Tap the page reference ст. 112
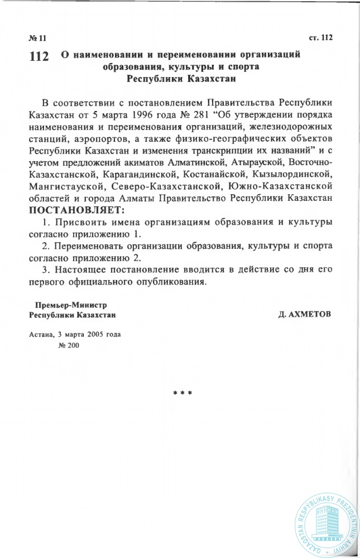point(320,38)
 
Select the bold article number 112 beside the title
point(39,57)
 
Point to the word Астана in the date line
point(40,335)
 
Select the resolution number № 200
point(69,346)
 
